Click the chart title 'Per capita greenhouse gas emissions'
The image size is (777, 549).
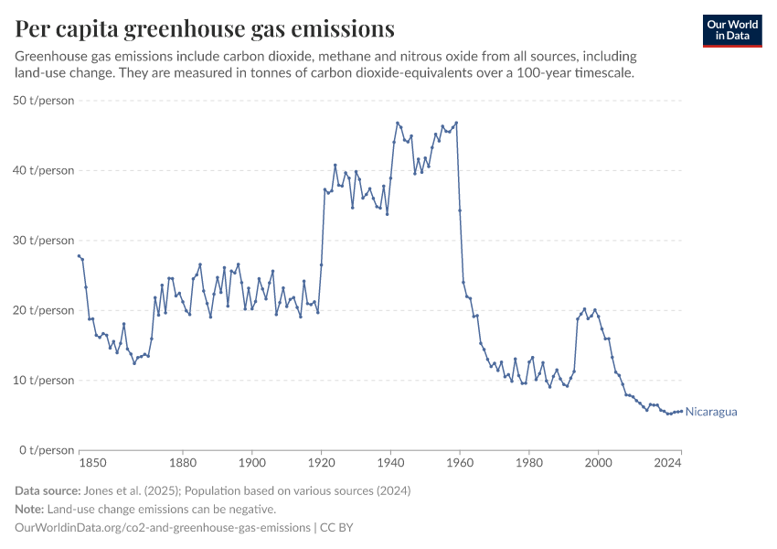[x=205, y=29]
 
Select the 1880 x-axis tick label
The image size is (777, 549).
[x=183, y=464]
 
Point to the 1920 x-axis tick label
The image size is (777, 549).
[x=321, y=464]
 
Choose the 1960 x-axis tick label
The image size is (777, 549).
[x=459, y=464]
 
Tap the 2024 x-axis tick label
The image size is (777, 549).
[x=668, y=464]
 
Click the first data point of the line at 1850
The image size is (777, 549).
[x=80, y=256]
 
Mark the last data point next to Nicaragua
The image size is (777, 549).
[x=681, y=411]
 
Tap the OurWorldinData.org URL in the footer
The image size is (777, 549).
[x=162, y=528]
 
